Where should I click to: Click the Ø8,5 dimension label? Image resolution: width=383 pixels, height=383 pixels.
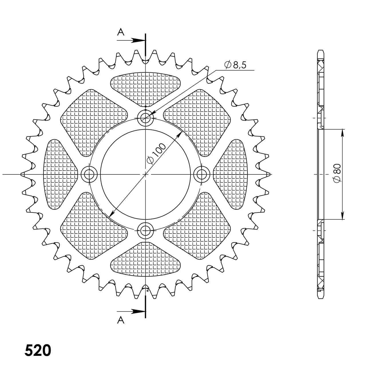pyautogui.click(x=235, y=65)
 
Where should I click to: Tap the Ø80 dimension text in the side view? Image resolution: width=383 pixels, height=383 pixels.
pyautogui.click(x=337, y=173)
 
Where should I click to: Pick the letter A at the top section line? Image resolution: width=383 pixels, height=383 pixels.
pyautogui.click(x=121, y=32)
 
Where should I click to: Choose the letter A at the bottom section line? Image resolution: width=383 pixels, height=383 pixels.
pyautogui.click(x=121, y=320)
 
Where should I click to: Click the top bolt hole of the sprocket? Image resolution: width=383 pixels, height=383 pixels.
pyautogui.click(x=146, y=118)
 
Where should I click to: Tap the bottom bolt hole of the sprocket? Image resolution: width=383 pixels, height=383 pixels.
pyautogui.click(x=146, y=231)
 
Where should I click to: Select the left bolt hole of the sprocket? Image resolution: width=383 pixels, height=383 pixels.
pyautogui.click(x=89, y=174)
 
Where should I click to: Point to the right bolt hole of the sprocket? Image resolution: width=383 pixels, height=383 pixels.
pyautogui.click(x=202, y=174)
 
